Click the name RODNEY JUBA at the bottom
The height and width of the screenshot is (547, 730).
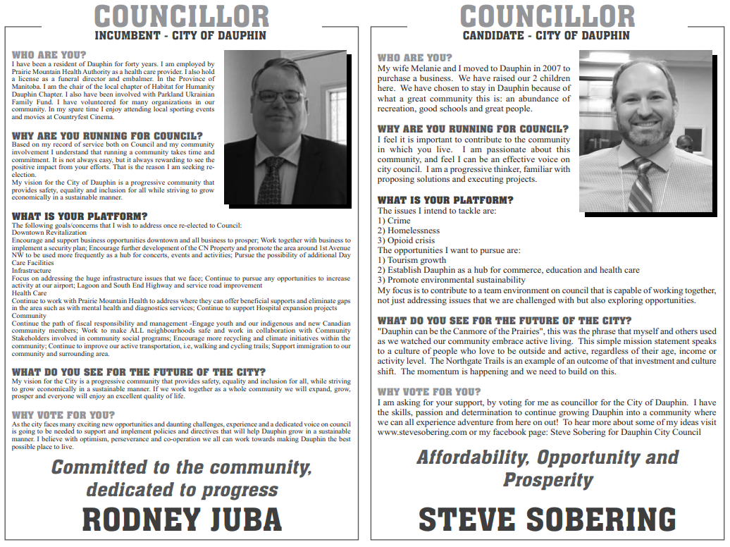(x=182, y=519)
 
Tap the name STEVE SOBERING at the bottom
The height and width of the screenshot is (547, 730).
(x=547, y=519)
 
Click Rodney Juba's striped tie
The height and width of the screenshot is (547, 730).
(x=272, y=180)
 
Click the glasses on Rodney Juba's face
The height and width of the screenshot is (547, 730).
(x=279, y=96)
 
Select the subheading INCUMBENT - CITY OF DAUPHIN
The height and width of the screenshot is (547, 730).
(x=180, y=35)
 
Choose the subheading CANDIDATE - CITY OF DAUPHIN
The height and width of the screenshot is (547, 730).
(x=546, y=35)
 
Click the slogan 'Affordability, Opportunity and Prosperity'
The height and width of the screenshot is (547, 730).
(x=547, y=468)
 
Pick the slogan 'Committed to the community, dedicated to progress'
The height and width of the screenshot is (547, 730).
(x=182, y=478)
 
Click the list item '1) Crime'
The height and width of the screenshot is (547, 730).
(x=394, y=221)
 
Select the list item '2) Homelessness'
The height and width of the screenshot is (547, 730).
(x=409, y=231)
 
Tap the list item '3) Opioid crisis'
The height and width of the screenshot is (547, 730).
(x=407, y=240)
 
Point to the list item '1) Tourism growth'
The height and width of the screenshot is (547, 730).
(x=412, y=260)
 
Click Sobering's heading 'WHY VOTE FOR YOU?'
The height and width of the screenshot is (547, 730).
(x=429, y=391)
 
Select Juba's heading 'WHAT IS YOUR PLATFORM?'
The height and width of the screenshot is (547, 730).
(x=80, y=216)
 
